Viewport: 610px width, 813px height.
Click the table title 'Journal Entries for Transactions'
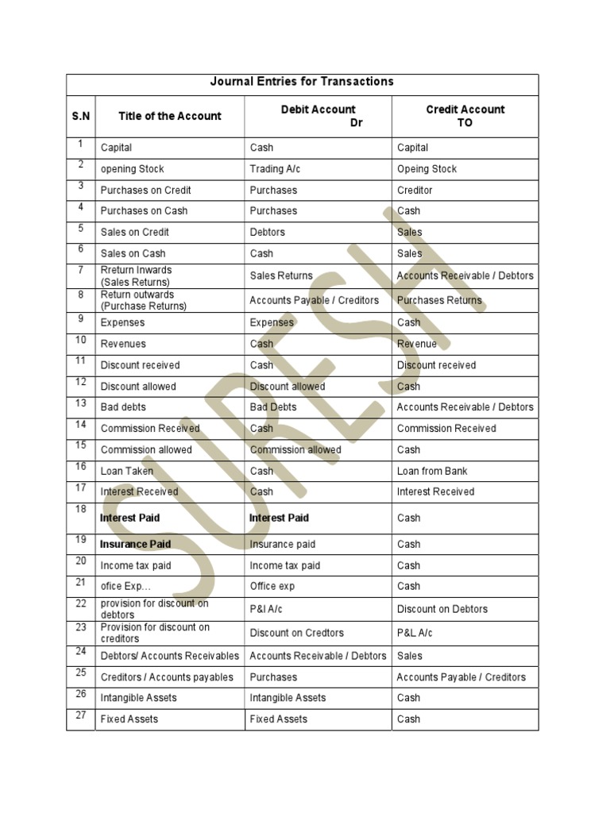pos(302,82)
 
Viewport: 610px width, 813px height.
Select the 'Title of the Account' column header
pos(170,116)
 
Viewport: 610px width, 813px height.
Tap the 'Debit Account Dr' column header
pos(319,116)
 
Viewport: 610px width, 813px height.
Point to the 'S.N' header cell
pos(80,116)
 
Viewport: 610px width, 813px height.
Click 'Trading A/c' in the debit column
pos(275,169)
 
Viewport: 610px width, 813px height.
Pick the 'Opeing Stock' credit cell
pos(427,169)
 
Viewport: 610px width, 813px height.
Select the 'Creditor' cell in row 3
pos(415,191)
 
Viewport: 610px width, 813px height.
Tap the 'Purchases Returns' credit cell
pos(439,301)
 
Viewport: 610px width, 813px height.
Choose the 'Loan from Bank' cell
pos(432,471)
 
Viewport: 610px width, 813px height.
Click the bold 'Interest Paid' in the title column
pos(129,518)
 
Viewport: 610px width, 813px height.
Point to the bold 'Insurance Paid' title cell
pos(135,545)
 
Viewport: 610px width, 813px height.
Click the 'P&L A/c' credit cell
pos(415,633)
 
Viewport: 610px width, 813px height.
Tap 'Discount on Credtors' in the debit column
pos(296,633)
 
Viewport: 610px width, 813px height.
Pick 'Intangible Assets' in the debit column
pos(288,698)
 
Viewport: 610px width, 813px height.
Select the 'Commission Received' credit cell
pos(446,429)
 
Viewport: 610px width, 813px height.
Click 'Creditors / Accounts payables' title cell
pos(167,677)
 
